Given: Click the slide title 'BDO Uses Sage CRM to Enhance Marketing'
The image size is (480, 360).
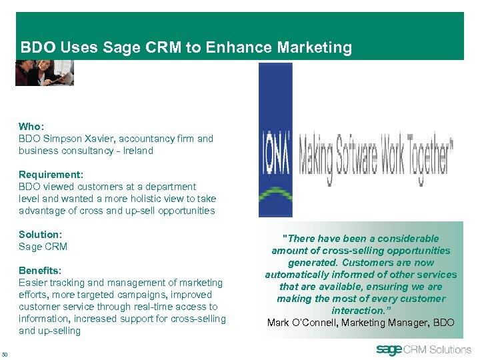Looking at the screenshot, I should (186, 48).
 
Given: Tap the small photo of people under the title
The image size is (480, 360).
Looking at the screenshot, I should (44, 73).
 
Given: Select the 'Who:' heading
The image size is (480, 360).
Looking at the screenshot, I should (30, 127).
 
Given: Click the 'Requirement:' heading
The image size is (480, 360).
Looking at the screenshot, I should (51, 175).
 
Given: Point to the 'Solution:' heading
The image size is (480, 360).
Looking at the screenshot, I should (40, 235).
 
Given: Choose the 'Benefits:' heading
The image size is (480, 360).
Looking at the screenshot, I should (40, 271).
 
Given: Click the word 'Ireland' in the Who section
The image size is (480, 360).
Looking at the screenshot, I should (138, 151).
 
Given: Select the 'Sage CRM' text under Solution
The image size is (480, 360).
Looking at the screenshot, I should (43, 247).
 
